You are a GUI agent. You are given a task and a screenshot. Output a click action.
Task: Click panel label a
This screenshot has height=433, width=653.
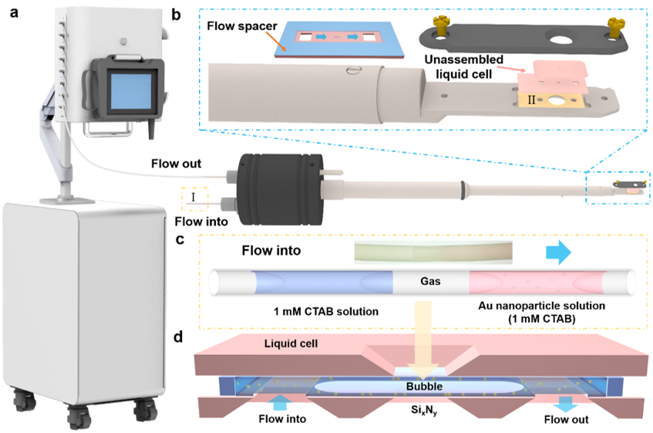tap(14, 12)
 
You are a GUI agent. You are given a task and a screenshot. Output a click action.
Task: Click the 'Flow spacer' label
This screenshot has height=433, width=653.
tap(242, 25)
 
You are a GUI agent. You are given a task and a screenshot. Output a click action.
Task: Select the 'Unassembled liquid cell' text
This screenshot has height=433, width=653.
tap(463, 66)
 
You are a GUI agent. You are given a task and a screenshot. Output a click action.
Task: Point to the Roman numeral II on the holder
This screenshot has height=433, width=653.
tap(531, 100)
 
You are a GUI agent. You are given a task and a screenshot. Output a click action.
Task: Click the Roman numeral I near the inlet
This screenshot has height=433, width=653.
tap(193, 197)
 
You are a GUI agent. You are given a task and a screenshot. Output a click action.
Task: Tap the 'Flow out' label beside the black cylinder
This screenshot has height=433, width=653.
tap(176, 164)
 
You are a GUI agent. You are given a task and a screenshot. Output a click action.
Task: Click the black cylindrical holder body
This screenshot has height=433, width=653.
tap(279, 184)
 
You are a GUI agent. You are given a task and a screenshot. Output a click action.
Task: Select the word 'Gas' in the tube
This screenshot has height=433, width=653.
tap(430, 281)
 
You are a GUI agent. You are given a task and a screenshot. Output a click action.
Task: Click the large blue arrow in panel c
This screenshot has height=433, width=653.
tap(558, 252)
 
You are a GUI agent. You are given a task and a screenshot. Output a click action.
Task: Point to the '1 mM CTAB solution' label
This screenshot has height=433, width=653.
tap(326, 311)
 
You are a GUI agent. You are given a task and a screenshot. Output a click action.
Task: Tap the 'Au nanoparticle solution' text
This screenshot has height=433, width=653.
tap(541, 306)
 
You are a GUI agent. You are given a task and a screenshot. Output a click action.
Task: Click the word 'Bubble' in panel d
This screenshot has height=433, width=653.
tap(424, 387)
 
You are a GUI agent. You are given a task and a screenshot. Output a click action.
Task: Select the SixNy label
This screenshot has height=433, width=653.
tap(424, 411)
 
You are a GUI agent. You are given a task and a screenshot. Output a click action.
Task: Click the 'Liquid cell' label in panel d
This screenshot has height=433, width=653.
tap(291, 343)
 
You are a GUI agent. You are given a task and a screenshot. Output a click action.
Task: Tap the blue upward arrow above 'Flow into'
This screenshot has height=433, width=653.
tap(281, 403)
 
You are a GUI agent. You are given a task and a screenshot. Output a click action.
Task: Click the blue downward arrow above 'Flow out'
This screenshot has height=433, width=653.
tap(565, 404)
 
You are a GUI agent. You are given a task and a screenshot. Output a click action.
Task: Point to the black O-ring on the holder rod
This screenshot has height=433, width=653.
tap(463, 191)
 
